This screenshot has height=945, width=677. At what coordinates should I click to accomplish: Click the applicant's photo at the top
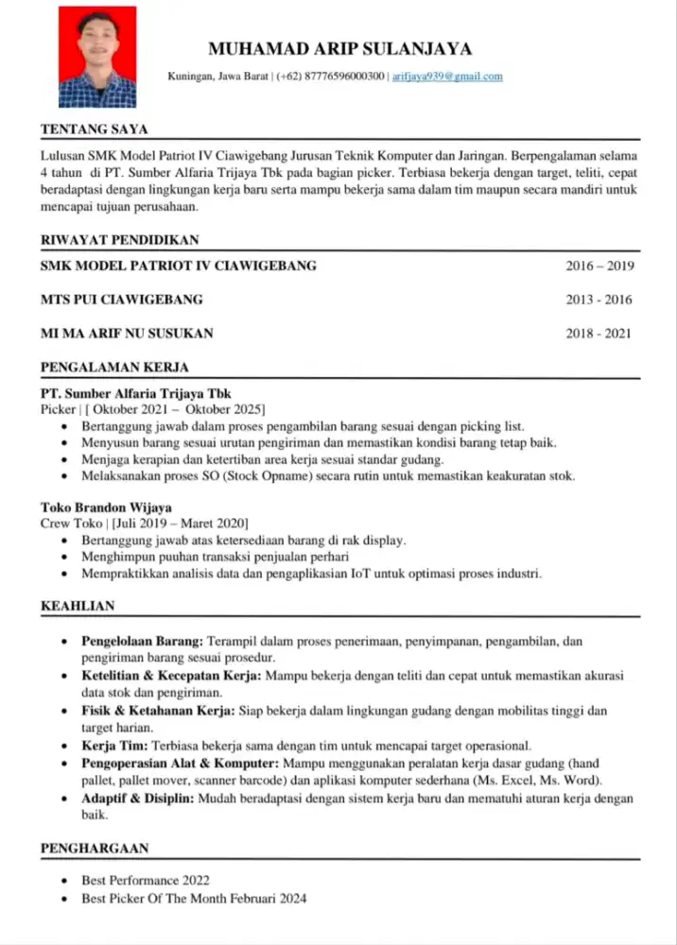pos(96,56)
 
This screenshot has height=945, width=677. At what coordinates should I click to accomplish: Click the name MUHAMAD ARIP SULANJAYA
pos(339,49)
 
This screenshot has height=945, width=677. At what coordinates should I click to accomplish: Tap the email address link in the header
pos(447,76)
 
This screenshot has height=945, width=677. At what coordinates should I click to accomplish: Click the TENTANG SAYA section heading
pos(94,129)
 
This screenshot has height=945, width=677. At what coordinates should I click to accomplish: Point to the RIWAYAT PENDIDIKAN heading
pos(119,240)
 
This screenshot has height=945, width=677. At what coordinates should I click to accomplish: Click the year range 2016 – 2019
pos(599,266)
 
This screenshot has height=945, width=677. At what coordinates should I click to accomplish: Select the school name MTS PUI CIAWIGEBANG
pos(121,300)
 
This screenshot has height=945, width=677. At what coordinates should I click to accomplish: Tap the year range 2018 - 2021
pos(599,333)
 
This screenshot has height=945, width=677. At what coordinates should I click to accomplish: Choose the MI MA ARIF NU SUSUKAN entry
pos(127,333)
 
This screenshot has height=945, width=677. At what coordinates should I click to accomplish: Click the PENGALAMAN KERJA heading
pos(114,366)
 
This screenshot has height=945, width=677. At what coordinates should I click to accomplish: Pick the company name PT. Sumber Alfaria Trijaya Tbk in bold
pos(135,393)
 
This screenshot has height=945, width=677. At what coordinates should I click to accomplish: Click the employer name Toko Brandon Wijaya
pos(106,507)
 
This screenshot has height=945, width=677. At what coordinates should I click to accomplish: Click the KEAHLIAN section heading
pos(78,606)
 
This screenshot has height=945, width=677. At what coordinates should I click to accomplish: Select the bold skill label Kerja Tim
pos(114,746)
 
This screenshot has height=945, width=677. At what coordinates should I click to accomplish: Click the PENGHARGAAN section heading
pos(95,849)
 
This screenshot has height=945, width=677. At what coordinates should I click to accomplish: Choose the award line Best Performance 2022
pos(145,880)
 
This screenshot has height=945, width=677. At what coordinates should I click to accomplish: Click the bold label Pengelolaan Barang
pos(142,641)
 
